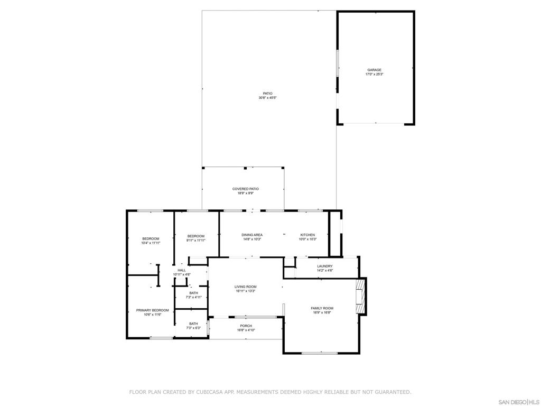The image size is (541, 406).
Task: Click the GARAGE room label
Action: (374, 70)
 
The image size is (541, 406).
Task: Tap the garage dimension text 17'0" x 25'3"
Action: (374, 75)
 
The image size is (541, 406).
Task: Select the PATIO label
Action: (268, 94)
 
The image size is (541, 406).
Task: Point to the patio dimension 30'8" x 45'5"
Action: (268, 98)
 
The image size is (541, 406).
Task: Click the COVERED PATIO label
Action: (246, 189)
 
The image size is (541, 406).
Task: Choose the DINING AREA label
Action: (252, 235)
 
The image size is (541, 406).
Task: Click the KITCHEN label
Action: (307, 235)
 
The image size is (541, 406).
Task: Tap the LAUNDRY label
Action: (324, 266)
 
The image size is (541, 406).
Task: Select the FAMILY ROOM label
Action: (322, 308)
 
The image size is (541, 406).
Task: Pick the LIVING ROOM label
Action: (246, 287)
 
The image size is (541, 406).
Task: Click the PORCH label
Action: (246, 326)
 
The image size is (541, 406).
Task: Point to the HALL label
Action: (182, 270)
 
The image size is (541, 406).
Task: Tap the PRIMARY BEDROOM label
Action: (153, 310)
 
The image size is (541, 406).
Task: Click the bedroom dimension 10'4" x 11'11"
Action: (151, 243)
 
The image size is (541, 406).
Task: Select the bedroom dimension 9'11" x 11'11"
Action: (196, 241)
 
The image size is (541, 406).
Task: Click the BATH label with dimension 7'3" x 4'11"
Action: (194, 293)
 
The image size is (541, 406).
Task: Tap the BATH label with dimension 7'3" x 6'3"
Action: (194, 324)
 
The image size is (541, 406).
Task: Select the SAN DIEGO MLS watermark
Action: (518, 402)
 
